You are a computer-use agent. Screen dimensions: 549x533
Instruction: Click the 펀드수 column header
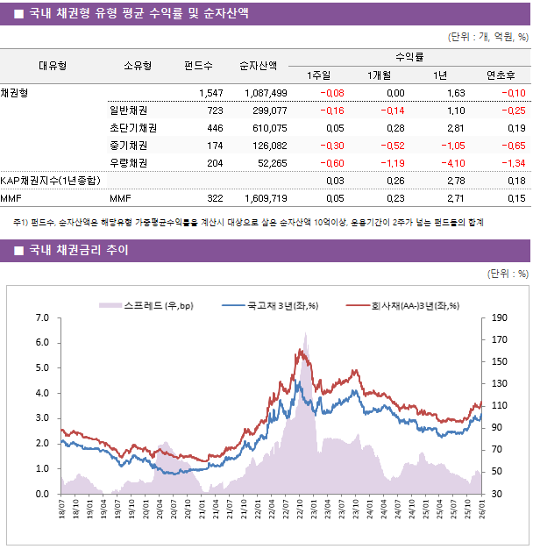pos(198,65)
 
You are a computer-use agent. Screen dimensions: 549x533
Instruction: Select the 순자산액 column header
pos(259,65)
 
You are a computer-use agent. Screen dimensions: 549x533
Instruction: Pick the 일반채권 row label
pos(128,111)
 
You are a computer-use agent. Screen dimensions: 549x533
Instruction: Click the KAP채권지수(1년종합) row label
pos(50,181)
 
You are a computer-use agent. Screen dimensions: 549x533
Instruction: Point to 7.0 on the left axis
pos(41,317)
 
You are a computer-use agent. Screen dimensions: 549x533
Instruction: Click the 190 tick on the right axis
pos(500,317)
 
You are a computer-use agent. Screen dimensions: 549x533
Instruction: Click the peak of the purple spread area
pos(305,334)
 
